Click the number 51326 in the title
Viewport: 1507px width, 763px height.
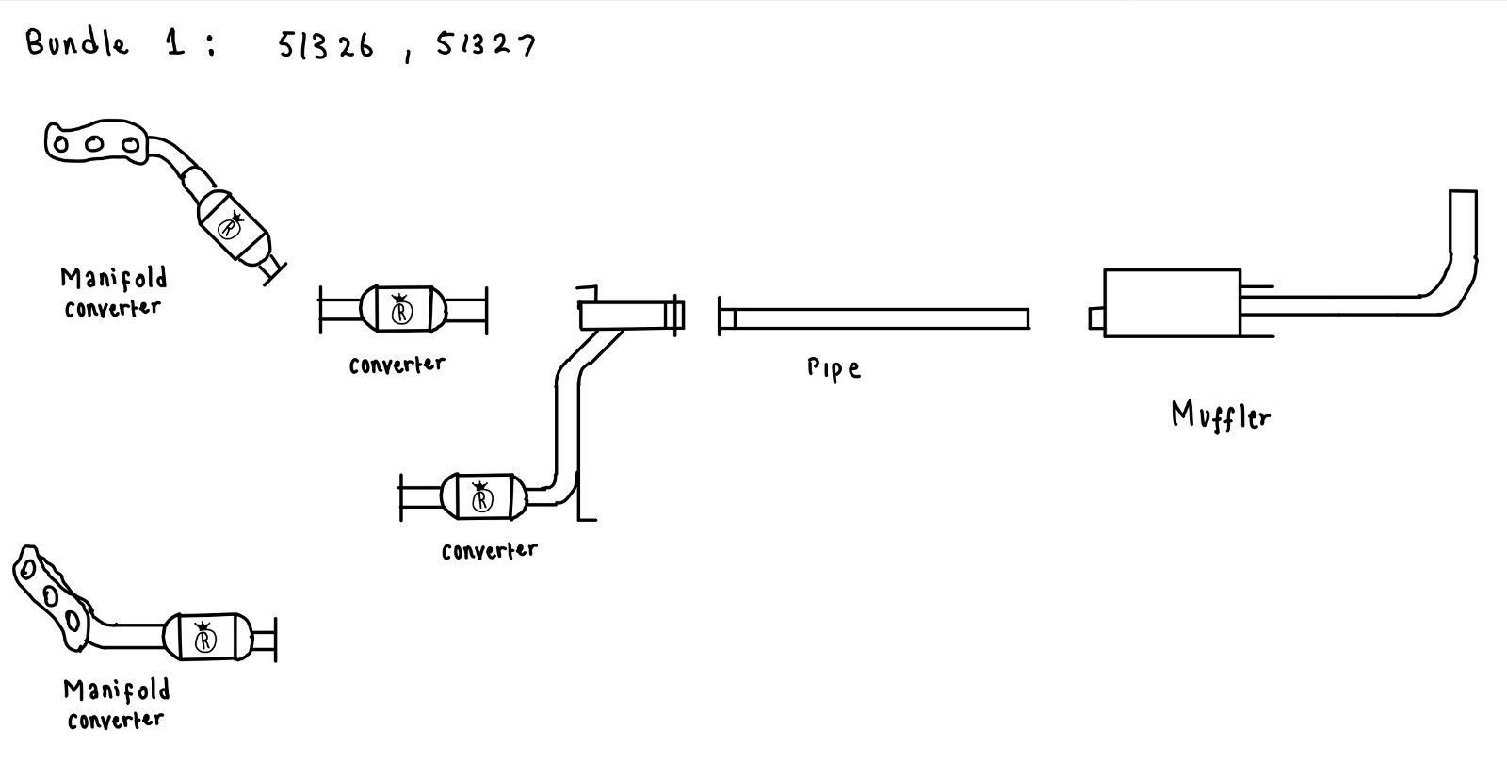pos(326,46)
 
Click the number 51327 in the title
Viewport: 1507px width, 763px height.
pos(485,45)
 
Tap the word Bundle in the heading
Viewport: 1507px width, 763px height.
pos(77,42)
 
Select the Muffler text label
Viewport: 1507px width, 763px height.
pos(1221,414)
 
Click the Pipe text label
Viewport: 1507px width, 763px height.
pos(834,367)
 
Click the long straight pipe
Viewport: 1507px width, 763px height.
pos(876,318)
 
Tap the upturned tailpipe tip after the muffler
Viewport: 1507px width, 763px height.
pos(1462,226)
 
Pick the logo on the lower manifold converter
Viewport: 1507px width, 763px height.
pos(204,640)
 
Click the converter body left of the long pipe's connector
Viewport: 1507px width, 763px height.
pos(402,310)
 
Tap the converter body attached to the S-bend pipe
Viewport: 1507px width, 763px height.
pos(482,496)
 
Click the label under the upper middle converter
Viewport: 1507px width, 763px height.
pos(397,365)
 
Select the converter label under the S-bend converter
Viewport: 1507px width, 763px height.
pos(489,550)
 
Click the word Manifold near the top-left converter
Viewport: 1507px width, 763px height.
pos(114,279)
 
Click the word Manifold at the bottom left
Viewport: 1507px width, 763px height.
pos(117,690)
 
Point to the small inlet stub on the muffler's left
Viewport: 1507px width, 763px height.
pos(1096,318)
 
